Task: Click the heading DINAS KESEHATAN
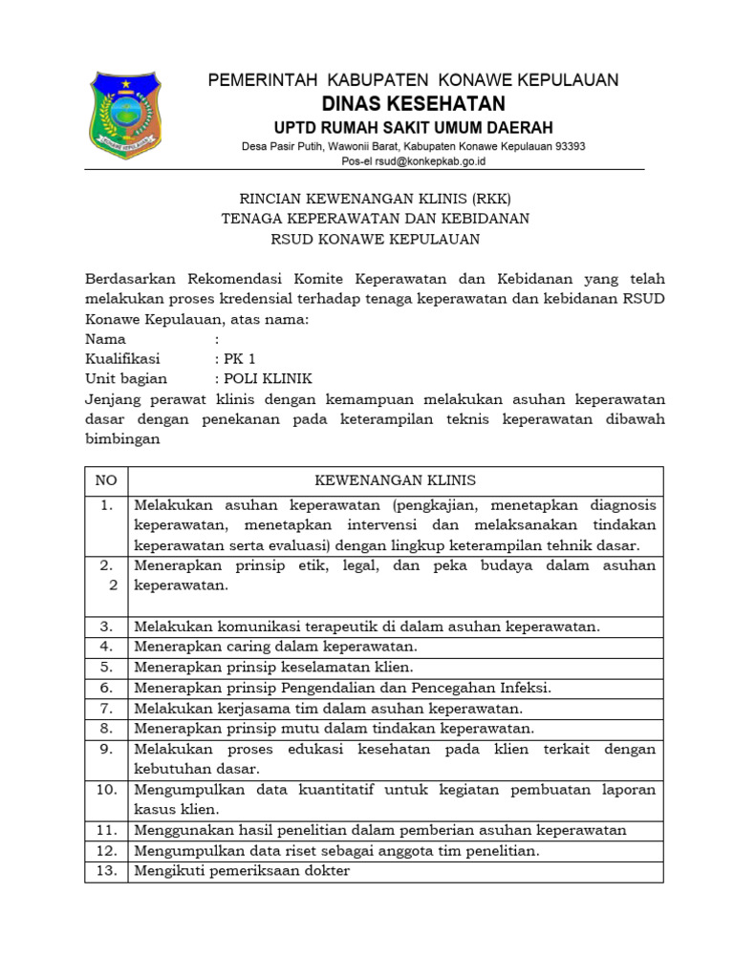pos(413,103)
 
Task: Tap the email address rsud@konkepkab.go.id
pos(427,161)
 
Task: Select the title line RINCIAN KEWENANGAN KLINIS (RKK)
pos(375,199)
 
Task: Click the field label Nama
pos(105,339)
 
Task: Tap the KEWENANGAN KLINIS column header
pos(395,480)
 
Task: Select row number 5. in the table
pos(106,667)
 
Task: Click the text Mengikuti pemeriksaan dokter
pos(242,871)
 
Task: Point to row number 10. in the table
pos(106,790)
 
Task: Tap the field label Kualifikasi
pos(122,359)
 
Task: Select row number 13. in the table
pos(106,871)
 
